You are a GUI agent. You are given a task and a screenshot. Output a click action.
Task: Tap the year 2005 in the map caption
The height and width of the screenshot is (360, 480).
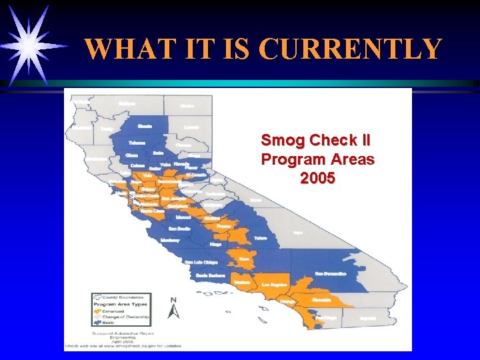click(317, 179)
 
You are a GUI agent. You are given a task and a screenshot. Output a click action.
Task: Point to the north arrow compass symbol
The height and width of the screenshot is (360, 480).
click(173, 308)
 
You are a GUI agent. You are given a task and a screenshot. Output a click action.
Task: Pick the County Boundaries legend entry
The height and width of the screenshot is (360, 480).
click(121, 297)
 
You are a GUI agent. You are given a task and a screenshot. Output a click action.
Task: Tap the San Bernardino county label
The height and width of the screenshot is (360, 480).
click(331, 273)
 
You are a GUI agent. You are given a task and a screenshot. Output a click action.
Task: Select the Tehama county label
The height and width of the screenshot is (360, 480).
click(137, 143)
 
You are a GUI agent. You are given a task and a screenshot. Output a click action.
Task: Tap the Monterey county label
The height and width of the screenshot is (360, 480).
click(171, 239)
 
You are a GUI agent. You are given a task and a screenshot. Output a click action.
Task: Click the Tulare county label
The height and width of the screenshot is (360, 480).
click(260, 237)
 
